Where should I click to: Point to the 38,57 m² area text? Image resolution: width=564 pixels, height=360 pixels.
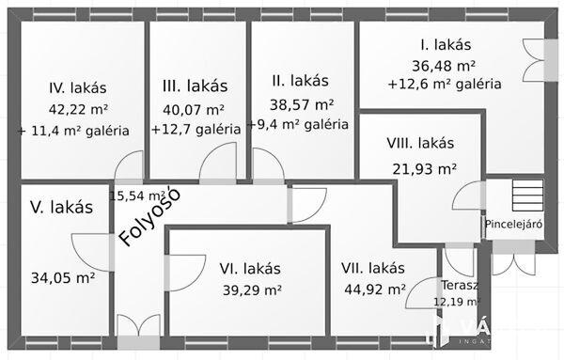(x=304, y=103)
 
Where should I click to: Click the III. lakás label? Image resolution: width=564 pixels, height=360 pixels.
(x=195, y=86)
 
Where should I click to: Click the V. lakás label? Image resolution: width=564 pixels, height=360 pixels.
(x=61, y=207)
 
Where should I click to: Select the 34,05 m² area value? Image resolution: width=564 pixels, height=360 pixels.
(x=63, y=277)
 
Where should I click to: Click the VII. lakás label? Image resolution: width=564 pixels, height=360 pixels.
(x=373, y=268)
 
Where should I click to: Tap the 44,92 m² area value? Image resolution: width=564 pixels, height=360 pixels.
(x=373, y=290)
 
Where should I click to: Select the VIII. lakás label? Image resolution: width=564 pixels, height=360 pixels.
(x=420, y=144)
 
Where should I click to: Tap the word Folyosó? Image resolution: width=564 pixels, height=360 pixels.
(x=150, y=218)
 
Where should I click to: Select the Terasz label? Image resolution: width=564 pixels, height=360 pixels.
(x=460, y=285)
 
